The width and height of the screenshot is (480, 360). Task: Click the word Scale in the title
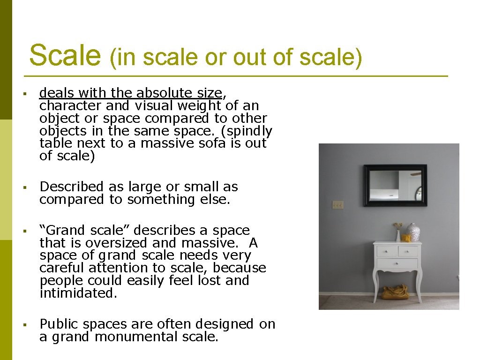click(65, 56)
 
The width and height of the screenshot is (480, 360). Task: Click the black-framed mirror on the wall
click(395, 185)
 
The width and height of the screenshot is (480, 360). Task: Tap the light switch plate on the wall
click(337, 205)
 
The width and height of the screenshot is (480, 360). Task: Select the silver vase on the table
click(413, 232)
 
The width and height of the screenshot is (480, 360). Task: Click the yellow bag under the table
click(395, 292)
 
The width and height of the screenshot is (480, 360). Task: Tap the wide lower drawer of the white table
click(397, 263)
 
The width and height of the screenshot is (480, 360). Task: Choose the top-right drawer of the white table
click(408, 252)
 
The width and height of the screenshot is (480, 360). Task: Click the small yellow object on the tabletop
click(405, 238)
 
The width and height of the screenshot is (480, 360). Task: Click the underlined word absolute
click(161, 93)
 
